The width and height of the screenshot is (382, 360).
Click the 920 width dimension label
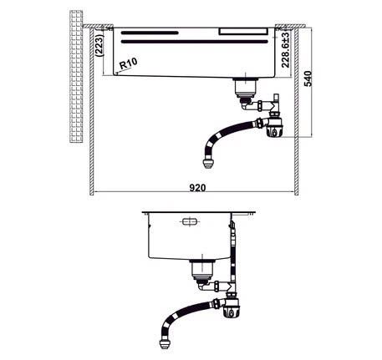pyautogui.click(x=196, y=188)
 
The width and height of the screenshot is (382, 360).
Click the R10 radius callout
pyautogui.click(x=129, y=63)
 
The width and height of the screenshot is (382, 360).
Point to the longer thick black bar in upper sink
pyautogui.click(x=149, y=32)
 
